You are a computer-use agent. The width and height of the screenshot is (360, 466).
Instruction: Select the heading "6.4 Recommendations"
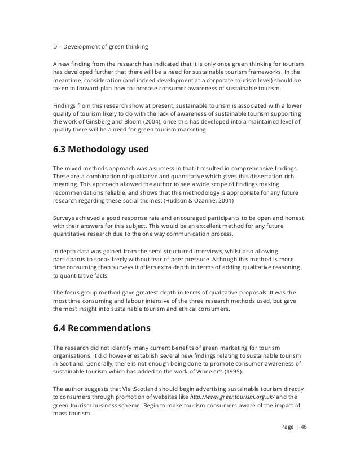click(101, 327)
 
